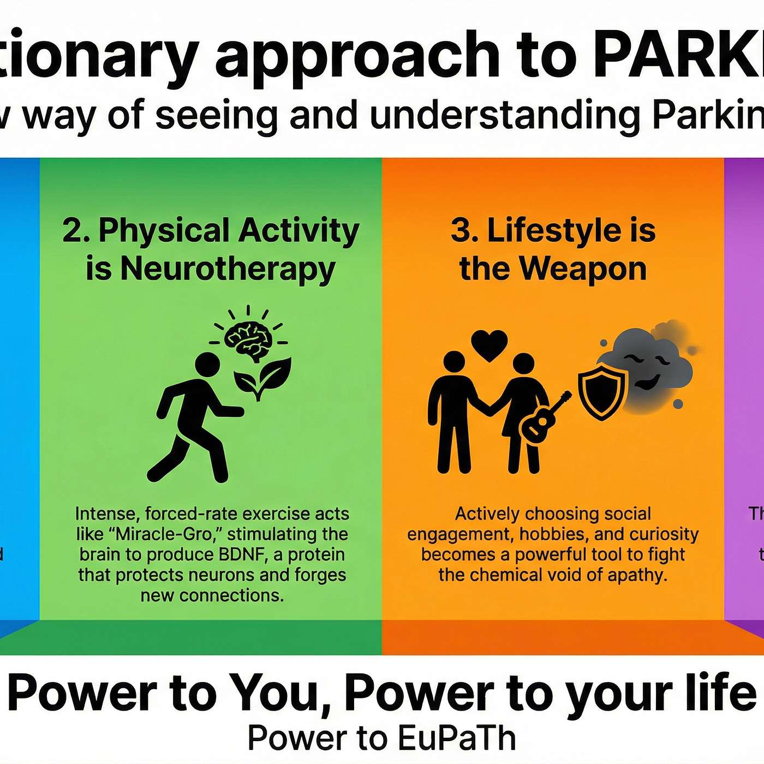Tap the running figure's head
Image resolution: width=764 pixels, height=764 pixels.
(207, 365)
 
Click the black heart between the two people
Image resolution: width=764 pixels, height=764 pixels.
(490, 345)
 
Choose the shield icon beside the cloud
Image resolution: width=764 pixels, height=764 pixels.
(601, 392)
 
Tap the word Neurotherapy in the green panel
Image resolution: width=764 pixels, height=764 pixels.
(228, 269)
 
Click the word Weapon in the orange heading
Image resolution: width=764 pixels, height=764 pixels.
(582, 269)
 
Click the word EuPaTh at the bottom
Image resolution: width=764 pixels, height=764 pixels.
(456, 738)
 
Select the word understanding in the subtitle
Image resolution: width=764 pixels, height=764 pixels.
(505, 116)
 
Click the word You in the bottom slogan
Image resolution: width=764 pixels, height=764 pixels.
(273, 693)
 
